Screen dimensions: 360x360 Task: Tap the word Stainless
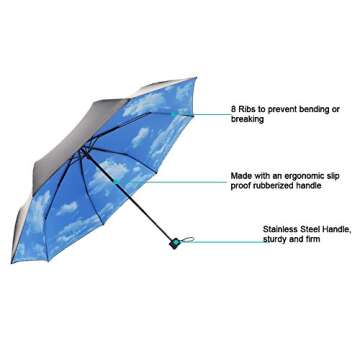pos(283,229)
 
